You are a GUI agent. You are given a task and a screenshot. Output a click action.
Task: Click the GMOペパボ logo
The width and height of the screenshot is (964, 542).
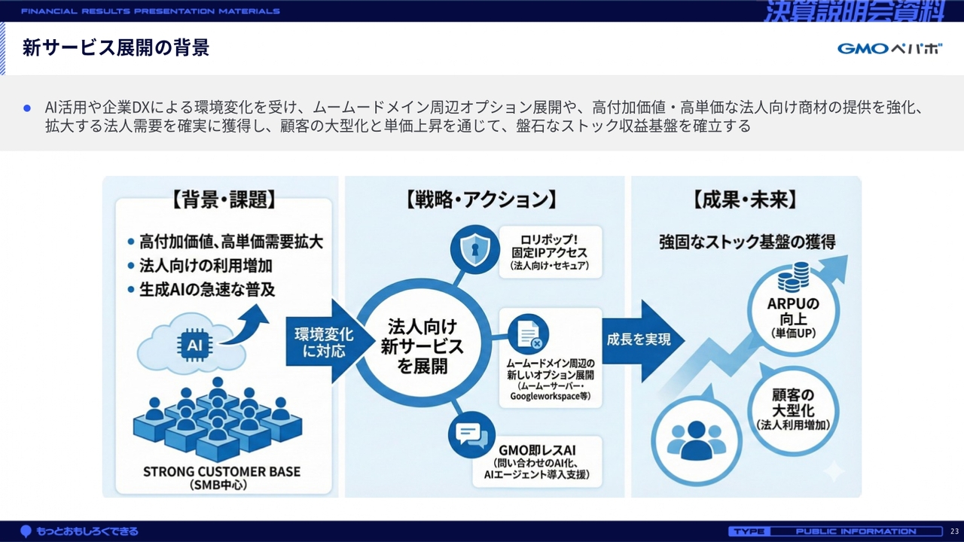(889, 49)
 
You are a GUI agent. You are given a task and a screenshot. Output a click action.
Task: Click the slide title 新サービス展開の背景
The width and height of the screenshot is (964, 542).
(115, 48)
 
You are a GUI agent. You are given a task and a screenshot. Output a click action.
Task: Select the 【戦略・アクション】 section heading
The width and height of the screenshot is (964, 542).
(481, 199)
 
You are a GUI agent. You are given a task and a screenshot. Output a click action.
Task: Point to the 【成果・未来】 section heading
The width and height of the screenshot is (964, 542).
(744, 199)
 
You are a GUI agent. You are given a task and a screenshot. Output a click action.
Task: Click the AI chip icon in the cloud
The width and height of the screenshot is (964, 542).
(195, 346)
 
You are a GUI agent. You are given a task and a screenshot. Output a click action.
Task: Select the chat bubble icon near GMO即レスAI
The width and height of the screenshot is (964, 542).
(468, 434)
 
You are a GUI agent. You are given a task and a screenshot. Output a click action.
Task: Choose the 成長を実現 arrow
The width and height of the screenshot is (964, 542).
(640, 340)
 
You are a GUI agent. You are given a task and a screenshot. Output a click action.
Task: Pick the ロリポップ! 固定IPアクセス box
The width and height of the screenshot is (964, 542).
(549, 251)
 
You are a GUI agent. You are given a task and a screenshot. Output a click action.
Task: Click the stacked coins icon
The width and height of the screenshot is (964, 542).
(793, 276)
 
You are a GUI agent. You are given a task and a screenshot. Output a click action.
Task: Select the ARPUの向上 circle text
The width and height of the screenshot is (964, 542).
(793, 316)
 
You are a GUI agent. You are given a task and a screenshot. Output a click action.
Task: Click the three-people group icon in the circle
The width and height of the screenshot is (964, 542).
(696, 440)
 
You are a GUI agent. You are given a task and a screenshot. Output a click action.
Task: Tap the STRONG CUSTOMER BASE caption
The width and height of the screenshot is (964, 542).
(221, 472)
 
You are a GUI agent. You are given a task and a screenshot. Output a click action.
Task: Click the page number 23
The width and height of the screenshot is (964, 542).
(954, 531)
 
